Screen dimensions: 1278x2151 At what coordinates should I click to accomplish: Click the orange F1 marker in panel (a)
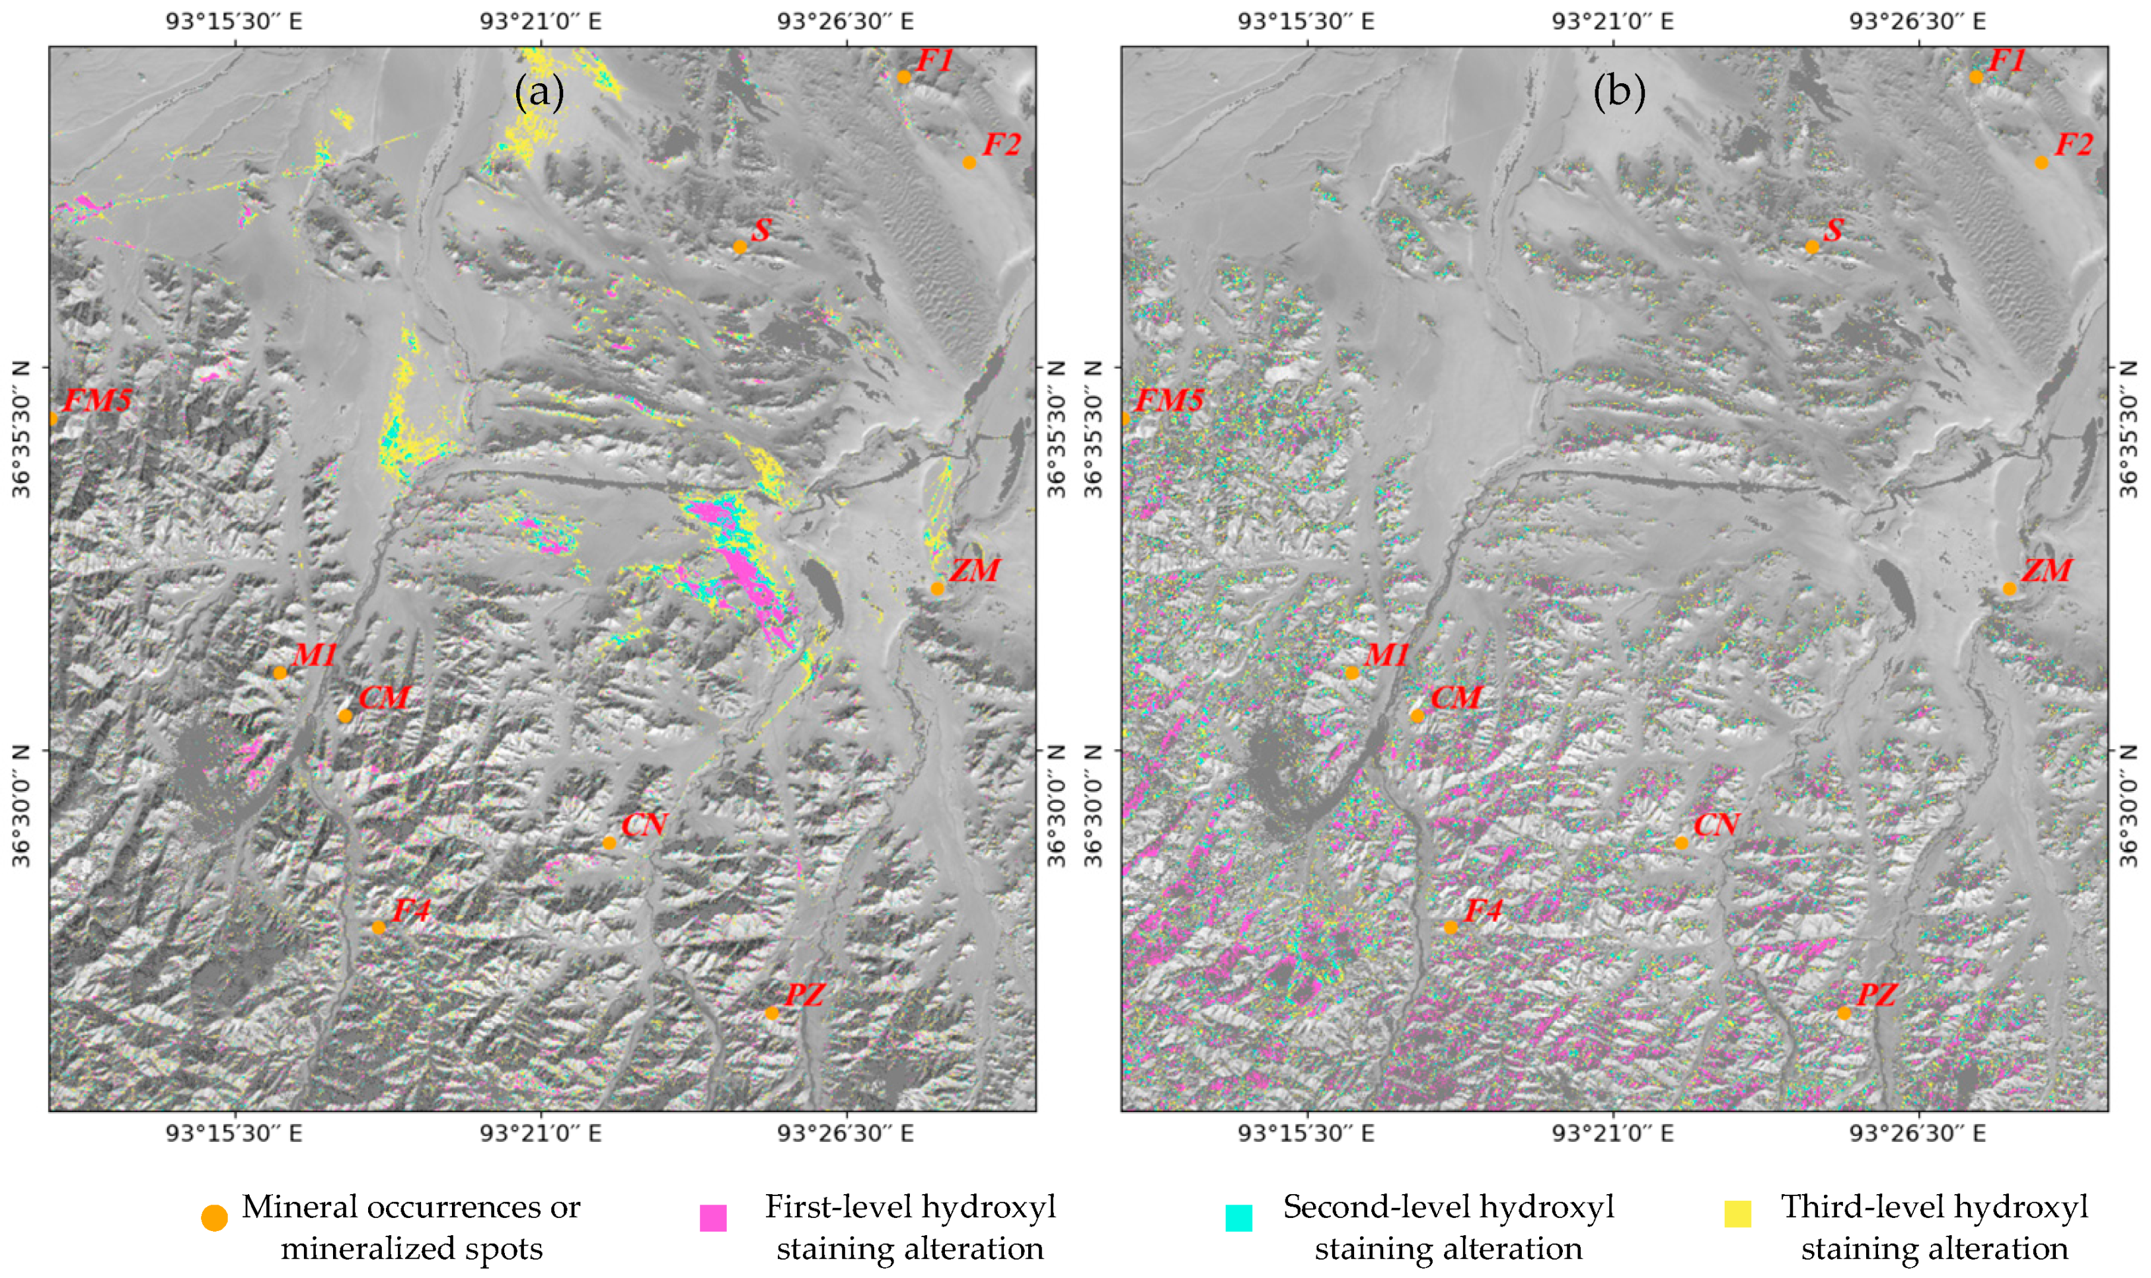pyautogui.click(x=903, y=77)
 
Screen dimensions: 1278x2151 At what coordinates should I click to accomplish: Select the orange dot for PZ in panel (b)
pyautogui.click(x=1844, y=1013)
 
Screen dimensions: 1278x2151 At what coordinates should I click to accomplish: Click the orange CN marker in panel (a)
pyautogui.click(x=610, y=843)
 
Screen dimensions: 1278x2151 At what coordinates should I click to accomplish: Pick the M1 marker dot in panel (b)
pyautogui.click(x=1352, y=673)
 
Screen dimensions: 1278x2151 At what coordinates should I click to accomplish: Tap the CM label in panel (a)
pyautogui.click(x=384, y=698)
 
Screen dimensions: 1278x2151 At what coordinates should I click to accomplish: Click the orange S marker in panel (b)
pyautogui.click(x=1812, y=247)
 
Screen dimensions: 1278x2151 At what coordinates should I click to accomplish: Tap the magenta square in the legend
pyautogui.click(x=713, y=1218)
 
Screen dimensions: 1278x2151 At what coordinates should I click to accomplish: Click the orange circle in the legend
pyautogui.click(x=214, y=1218)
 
